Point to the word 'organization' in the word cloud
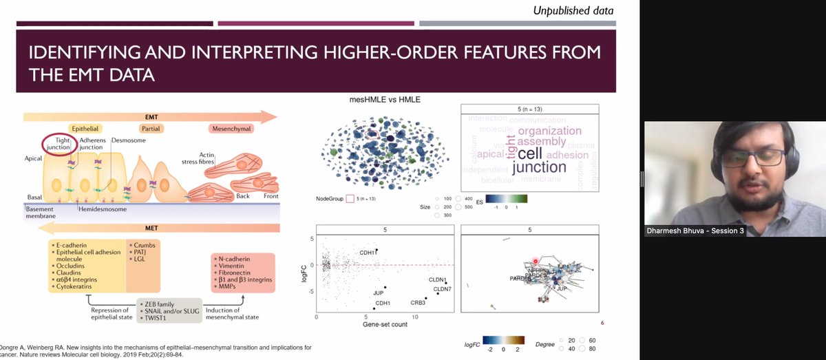pyautogui.click(x=549, y=130)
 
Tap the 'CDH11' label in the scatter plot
pyautogui.click(x=368, y=253)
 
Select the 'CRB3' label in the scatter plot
pyautogui.click(x=419, y=302)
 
